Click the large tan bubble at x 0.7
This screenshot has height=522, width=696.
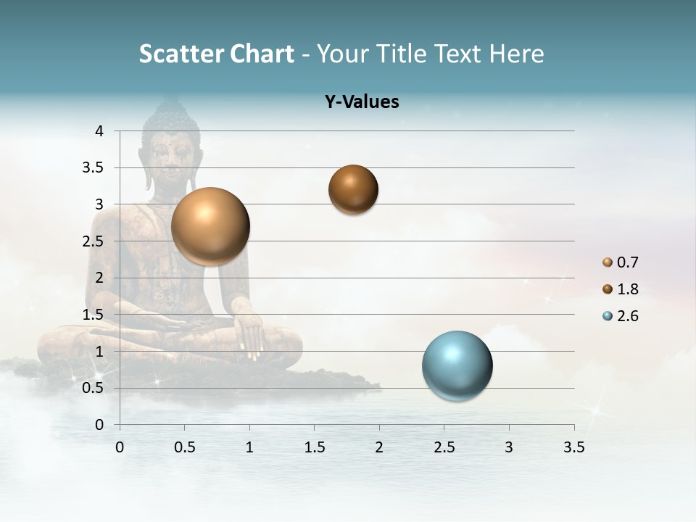tap(210, 226)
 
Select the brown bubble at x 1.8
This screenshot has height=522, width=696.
tap(353, 189)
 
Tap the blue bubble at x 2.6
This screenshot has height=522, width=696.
tap(457, 365)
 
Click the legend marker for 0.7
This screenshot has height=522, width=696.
tap(608, 262)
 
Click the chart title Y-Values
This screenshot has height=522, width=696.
tap(362, 102)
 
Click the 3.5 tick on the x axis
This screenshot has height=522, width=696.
tap(573, 447)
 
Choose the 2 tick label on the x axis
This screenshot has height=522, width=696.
tap(379, 447)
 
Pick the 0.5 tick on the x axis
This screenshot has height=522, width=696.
tap(185, 447)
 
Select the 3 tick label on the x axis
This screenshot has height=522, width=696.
tap(509, 447)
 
